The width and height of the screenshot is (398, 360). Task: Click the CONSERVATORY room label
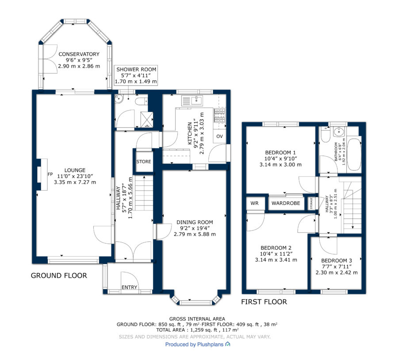79,54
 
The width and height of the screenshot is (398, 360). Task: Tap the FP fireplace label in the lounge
50,174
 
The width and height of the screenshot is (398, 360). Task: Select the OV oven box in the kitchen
219,136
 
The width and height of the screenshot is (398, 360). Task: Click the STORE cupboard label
144,161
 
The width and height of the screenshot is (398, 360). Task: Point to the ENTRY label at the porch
129,287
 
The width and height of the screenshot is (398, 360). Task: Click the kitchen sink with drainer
192,100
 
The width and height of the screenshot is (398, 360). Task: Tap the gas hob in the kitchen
220,115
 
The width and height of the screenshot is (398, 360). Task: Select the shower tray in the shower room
147,119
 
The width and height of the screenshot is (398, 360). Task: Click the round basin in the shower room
119,99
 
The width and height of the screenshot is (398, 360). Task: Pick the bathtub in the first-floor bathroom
354,154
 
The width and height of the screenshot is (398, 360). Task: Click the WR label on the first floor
254,203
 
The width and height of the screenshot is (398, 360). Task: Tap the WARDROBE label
286,203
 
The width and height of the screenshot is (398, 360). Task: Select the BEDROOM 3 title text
337,261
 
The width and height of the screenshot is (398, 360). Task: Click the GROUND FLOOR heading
59,276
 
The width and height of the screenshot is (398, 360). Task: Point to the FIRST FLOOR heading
264,302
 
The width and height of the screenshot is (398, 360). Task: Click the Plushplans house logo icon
228,344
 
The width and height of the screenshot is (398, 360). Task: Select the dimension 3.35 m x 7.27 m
75,182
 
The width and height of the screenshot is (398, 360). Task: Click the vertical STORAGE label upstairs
311,203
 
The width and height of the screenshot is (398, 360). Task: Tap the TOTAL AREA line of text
197,330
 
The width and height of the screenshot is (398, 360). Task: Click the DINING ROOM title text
195,222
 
